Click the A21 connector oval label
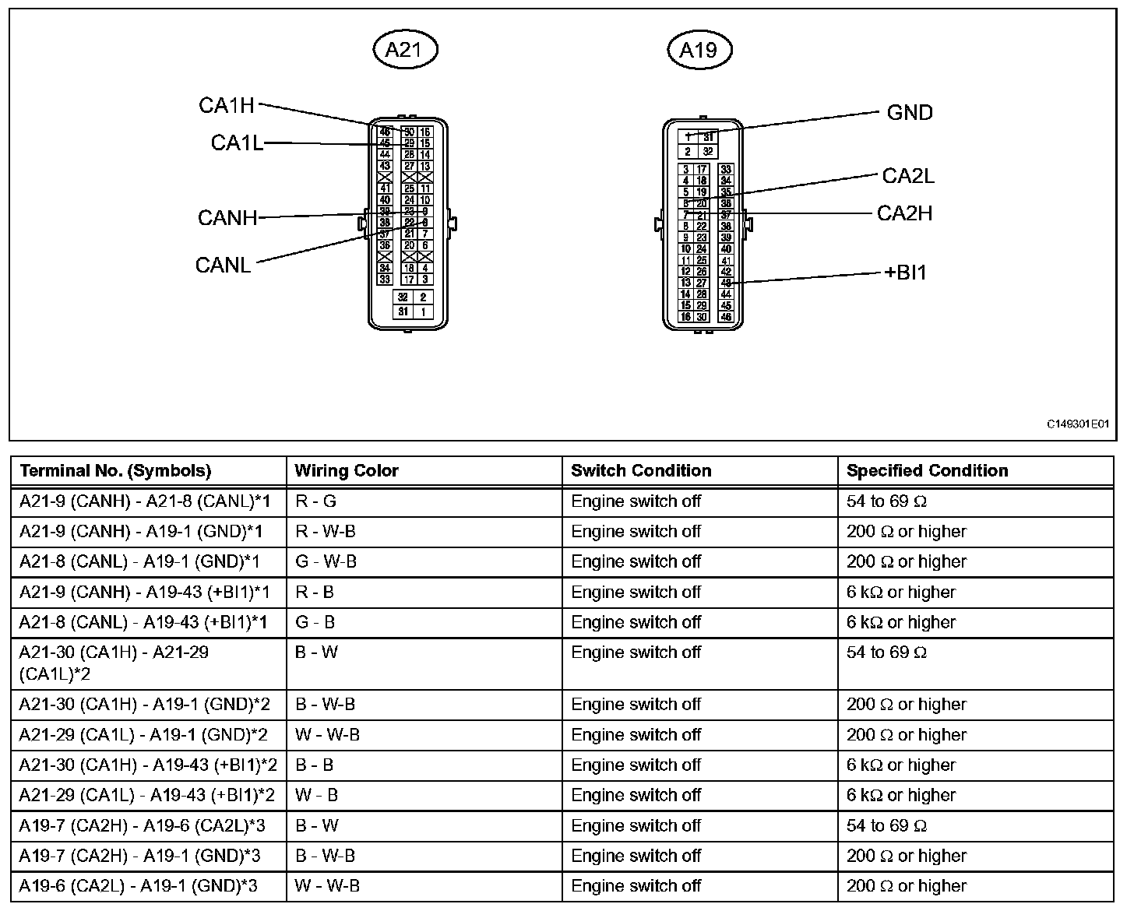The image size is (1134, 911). pyautogui.click(x=403, y=50)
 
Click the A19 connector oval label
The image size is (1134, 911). pyautogui.click(x=698, y=50)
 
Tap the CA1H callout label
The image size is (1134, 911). pyautogui.click(x=227, y=106)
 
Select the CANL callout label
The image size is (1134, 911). pyautogui.click(x=224, y=266)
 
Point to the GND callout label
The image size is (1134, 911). pyautogui.click(x=910, y=113)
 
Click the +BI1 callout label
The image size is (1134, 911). pyautogui.click(x=906, y=273)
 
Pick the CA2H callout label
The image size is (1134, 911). pyautogui.click(x=904, y=213)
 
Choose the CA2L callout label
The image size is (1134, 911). pyautogui.click(x=908, y=176)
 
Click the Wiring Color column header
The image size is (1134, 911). pyautogui.click(x=347, y=471)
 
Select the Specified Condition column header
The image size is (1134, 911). pyautogui.click(x=927, y=471)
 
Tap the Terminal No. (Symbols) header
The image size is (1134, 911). pyautogui.click(x=115, y=471)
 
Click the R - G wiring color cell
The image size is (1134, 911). pyautogui.click(x=316, y=501)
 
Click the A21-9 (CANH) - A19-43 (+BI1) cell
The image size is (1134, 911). pyautogui.click(x=145, y=593)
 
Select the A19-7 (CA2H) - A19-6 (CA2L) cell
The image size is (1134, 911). pyautogui.click(x=143, y=826)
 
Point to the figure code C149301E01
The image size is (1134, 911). pyautogui.click(x=1077, y=424)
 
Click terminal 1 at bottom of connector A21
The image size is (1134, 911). pyautogui.click(x=424, y=312)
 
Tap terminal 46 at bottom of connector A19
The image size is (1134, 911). pyautogui.click(x=726, y=317)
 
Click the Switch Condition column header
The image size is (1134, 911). pyautogui.click(x=641, y=471)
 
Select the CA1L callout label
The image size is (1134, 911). pyautogui.click(x=237, y=143)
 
